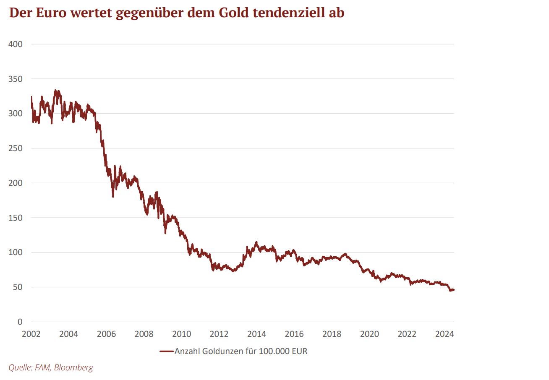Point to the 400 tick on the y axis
click(15, 44)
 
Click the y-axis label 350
click(15, 79)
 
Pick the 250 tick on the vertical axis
click(15, 148)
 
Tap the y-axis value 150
click(15, 218)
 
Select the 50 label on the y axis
click(17, 287)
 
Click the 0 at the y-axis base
click(20, 322)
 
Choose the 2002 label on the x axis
click(31, 334)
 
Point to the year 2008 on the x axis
click(144, 334)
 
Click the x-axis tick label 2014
click(256, 334)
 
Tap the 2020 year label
click(369, 334)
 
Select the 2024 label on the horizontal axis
click(445, 334)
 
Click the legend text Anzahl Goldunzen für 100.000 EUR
click(241, 351)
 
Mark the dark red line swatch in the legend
click(167, 351)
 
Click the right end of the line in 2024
click(454, 290)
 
